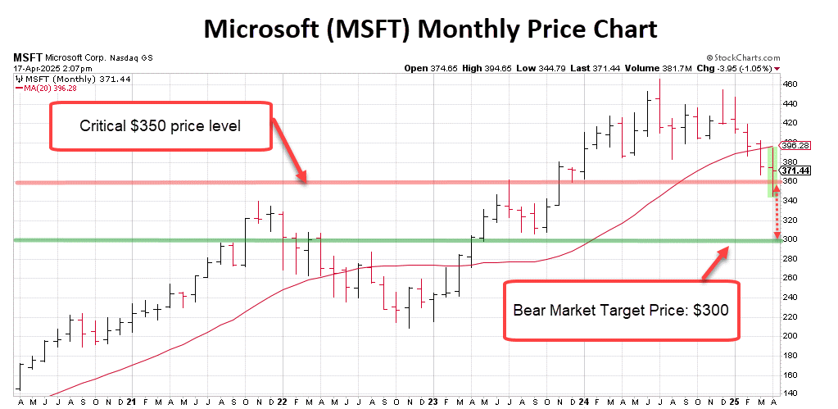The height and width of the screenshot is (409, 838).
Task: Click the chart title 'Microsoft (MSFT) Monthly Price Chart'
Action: [x=429, y=29]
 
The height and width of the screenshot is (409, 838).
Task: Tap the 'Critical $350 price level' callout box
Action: [x=161, y=126]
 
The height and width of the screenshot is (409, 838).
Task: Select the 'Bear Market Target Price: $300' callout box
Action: [x=620, y=311]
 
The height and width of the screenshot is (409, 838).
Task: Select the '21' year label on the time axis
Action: [x=132, y=402]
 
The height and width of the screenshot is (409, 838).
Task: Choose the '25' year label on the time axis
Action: [x=734, y=402]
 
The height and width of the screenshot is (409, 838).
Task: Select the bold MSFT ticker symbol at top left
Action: [x=28, y=58]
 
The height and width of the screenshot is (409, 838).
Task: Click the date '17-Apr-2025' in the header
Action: [x=36, y=68]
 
